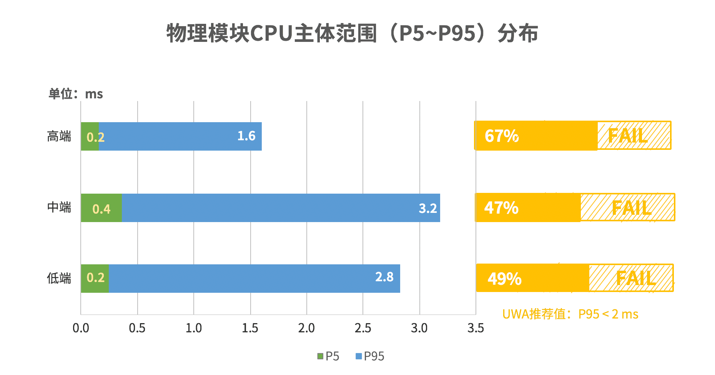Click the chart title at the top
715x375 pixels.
tap(352, 33)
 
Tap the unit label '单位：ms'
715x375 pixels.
tap(75, 94)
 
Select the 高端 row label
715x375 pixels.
tap(59, 136)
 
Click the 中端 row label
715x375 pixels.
tap(59, 207)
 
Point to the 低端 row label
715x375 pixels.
tap(59, 278)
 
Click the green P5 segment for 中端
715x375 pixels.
tap(101, 208)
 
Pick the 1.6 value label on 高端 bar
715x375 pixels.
tap(246, 136)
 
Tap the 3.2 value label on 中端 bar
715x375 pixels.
tap(428, 208)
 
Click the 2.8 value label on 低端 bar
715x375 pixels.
tap(384, 277)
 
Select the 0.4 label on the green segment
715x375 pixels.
tap(101, 209)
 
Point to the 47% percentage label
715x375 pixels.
tap(501, 208)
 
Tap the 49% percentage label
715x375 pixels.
tap(504, 279)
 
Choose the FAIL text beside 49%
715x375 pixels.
tap(635, 278)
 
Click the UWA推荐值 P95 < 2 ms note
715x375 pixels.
tap(570, 314)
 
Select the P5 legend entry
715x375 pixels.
tap(328, 356)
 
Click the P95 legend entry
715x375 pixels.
tap(370, 356)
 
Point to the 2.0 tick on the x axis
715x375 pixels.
tap(306, 328)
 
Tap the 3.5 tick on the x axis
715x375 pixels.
tap(476, 328)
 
